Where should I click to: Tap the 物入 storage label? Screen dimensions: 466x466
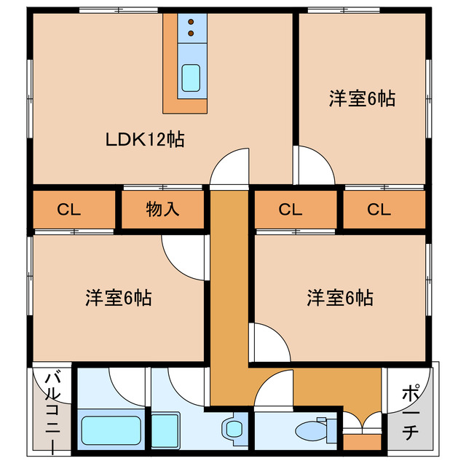point(162,210)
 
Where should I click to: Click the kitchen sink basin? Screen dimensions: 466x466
point(191,77)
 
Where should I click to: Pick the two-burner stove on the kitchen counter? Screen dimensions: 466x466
point(191,27)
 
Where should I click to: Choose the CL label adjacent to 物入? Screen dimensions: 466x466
point(69,210)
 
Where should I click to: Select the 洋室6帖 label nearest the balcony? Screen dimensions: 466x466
point(118,298)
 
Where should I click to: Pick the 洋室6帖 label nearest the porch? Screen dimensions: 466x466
point(339,298)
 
